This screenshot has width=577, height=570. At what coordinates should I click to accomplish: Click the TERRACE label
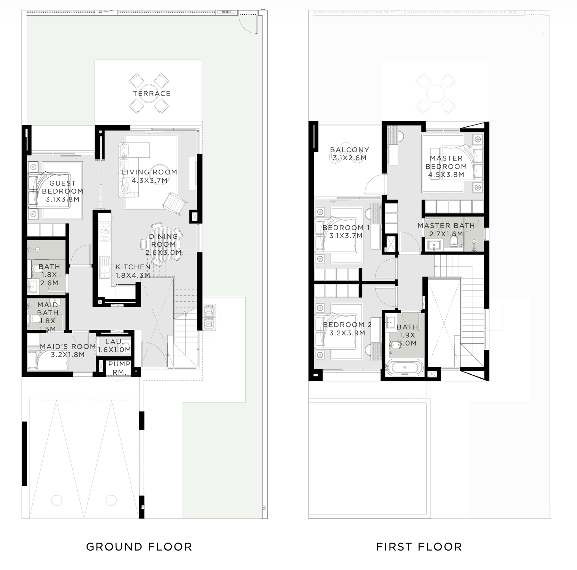(x=152, y=93)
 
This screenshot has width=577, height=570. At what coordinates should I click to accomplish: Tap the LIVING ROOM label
(x=149, y=172)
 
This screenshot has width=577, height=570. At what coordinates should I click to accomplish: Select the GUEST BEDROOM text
(x=63, y=187)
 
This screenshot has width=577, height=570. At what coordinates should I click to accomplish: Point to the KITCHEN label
(x=133, y=267)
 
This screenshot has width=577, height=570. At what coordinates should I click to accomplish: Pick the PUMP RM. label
(x=119, y=368)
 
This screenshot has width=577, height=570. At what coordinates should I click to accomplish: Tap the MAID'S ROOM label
(x=68, y=347)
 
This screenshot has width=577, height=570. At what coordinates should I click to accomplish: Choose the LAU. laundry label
(x=115, y=342)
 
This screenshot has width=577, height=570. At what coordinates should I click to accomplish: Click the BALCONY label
(x=350, y=150)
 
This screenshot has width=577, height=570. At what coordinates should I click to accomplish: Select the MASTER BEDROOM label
(x=446, y=162)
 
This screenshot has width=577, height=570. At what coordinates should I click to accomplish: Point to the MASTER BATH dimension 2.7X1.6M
(x=446, y=234)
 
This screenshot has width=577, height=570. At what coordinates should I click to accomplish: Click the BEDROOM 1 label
(x=346, y=228)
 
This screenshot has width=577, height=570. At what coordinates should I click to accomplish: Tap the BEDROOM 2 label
(x=347, y=325)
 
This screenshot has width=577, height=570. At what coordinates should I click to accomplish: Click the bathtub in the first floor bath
(x=404, y=368)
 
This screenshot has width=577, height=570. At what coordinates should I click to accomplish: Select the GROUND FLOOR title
(x=139, y=547)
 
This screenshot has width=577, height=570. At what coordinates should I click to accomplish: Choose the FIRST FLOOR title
(x=419, y=547)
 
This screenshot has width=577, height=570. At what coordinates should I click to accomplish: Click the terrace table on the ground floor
(x=152, y=93)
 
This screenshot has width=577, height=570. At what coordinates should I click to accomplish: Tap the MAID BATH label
(x=48, y=309)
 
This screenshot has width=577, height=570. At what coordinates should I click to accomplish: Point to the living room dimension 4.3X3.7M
(x=149, y=180)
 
